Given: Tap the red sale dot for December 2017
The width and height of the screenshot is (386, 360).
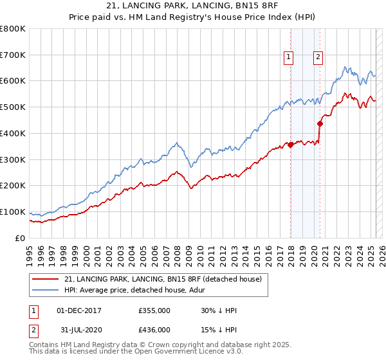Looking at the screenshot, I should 291,145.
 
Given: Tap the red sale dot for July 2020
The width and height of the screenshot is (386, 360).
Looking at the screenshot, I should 320,123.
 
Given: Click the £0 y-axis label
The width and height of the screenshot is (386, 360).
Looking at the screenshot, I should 21,238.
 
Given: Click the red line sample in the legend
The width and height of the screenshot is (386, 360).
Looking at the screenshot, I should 46,279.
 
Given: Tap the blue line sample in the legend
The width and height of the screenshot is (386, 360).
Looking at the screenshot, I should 46,290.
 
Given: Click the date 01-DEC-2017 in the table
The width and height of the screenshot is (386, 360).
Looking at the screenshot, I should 79,310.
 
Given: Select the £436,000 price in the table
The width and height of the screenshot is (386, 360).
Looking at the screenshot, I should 154,330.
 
